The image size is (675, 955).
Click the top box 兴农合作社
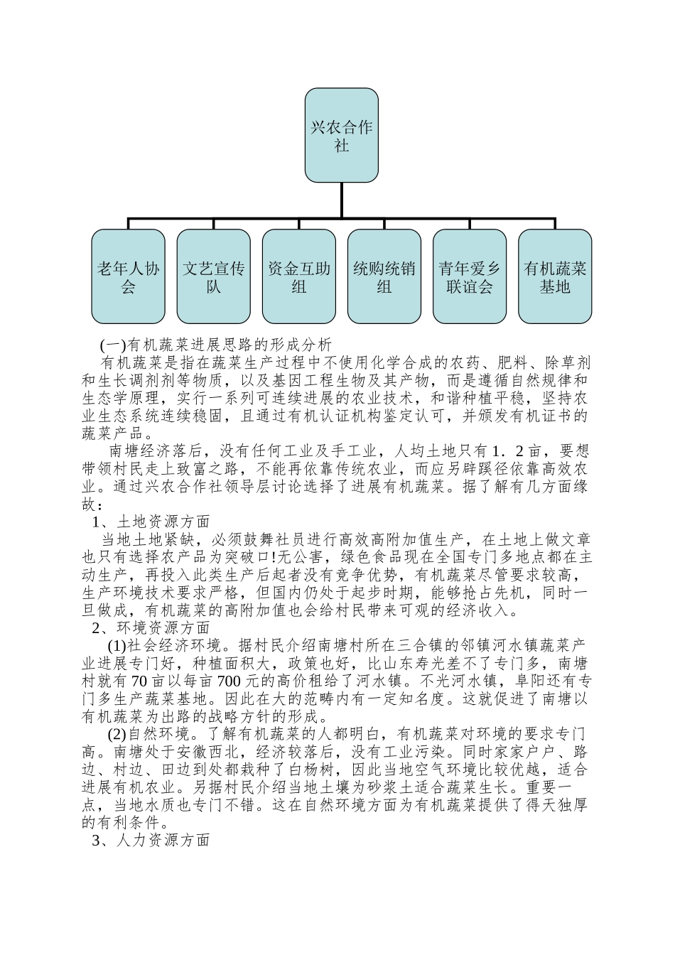(341, 135)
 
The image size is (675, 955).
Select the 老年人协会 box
(128, 276)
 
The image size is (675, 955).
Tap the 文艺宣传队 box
(213, 276)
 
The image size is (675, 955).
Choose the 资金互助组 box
(298, 276)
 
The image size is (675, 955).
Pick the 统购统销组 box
(384, 276)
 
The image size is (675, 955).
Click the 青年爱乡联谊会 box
(469, 276)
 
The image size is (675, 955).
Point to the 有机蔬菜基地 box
(554, 276)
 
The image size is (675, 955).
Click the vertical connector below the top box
(341, 199)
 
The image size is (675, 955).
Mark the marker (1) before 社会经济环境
(117, 645)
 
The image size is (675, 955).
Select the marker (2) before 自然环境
(117, 734)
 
